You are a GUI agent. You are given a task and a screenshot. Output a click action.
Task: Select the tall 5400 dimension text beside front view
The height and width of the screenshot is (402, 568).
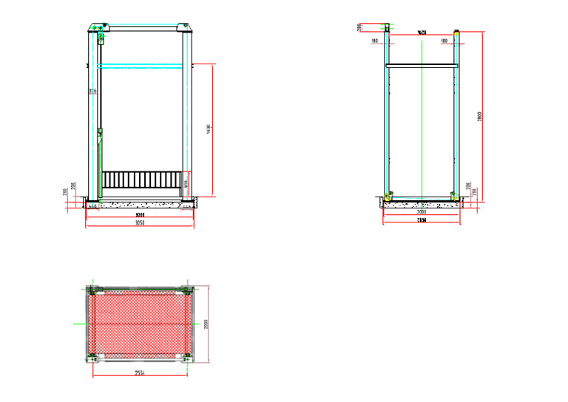pos(209,129)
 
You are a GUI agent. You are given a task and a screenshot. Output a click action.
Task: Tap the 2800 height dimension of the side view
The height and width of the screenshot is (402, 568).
pos(479,115)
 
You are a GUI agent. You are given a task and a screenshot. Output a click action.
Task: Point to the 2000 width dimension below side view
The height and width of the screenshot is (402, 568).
pos(422,212)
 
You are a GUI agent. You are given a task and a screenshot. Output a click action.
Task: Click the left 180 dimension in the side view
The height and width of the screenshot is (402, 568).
pos(376,41)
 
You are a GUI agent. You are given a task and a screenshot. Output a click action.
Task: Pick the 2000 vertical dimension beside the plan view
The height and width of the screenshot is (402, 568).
pos(207,324)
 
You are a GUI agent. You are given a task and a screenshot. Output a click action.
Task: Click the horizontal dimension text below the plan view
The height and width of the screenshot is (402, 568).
pos(139,373)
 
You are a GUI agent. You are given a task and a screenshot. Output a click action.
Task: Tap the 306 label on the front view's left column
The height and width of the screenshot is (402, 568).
pos(92,91)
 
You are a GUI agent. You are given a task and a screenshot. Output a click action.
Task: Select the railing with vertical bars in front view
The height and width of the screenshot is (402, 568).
pos(141,180)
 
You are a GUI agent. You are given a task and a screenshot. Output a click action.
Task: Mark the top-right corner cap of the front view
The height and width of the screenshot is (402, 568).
pos(185,29)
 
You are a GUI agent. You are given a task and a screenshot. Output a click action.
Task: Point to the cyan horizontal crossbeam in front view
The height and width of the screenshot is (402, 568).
pos(141,67)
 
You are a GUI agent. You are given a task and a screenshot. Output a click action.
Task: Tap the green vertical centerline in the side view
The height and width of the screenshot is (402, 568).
pos(422,118)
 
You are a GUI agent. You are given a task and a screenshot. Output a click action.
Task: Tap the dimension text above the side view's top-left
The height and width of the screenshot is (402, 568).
pos(359,27)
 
